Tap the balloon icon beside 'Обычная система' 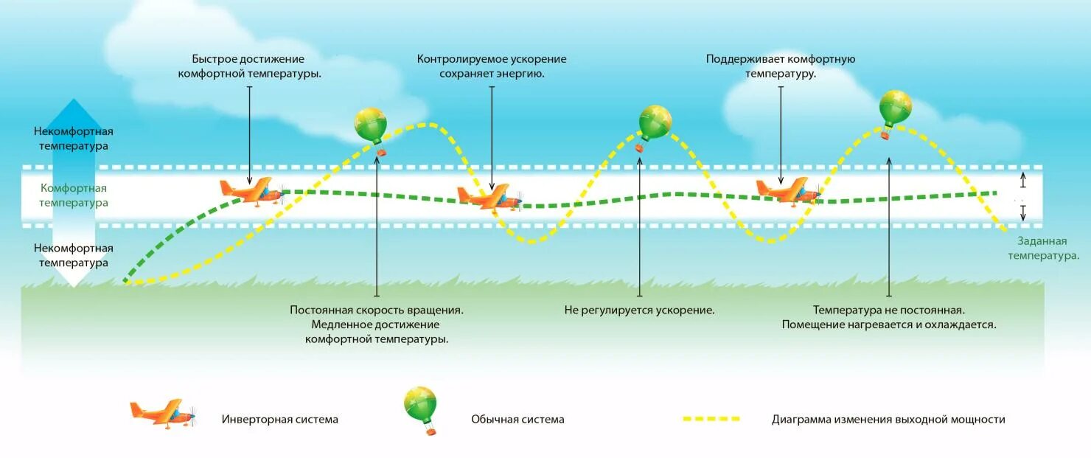421,408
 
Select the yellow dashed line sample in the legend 711,419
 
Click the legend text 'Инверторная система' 280,420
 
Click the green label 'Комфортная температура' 74,195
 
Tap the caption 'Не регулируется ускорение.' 640,310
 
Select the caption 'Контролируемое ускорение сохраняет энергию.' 492,66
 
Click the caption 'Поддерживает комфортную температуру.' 781,66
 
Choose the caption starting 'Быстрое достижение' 248,66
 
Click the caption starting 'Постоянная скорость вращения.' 377,325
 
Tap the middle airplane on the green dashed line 489,197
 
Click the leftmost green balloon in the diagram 371,127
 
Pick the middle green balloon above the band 655,123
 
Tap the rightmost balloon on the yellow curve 896,109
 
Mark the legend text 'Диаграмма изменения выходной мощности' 888,420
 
